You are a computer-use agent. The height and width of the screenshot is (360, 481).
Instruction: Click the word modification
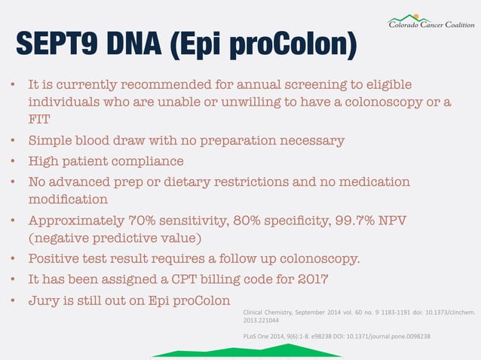click(x=68, y=200)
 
